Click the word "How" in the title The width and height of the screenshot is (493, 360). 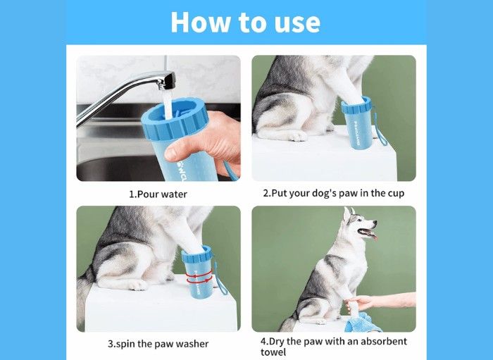tap(200, 22)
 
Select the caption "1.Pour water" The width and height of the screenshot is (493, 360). tap(158, 194)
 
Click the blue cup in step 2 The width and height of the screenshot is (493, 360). tap(357, 123)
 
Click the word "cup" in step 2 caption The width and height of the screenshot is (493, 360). tap(396, 193)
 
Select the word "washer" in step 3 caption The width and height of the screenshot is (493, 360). tap(192, 344)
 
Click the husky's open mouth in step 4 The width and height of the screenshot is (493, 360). tap(367, 233)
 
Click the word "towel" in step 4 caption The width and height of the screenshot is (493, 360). tap(273, 352)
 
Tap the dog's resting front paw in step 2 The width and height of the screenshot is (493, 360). tap(298, 136)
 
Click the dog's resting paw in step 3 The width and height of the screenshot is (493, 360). tap(138, 285)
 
